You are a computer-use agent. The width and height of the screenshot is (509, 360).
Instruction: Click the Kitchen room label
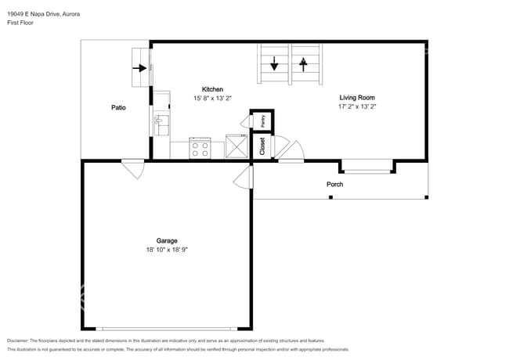[x=212, y=89]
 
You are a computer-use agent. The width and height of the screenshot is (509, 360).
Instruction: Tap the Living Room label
[x=357, y=97]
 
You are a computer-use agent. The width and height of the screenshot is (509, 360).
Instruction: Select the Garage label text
[x=167, y=240]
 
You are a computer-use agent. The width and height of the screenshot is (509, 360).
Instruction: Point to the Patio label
[x=118, y=108]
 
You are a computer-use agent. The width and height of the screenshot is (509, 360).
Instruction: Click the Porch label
[x=334, y=184]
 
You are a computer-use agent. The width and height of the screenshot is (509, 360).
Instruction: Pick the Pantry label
[x=263, y=121]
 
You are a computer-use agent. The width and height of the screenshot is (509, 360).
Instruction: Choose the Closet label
[x=262, y=146]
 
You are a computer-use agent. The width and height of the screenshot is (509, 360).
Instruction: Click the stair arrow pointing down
[x=274, y=63]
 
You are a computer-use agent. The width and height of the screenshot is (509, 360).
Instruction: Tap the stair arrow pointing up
[x=303, y=64]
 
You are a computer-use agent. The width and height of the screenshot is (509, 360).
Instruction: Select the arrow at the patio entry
[x=139, y=68]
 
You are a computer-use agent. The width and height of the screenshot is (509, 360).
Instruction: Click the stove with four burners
[x=200, y=148]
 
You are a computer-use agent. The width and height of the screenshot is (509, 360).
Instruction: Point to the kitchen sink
[x=161, y=125]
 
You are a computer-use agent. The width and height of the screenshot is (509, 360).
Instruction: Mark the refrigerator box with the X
[x=236, y=146]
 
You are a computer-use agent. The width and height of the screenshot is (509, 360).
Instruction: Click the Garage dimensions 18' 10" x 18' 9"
[x=167, y=250]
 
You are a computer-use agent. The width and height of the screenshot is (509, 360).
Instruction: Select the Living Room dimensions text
[x=357, y=106]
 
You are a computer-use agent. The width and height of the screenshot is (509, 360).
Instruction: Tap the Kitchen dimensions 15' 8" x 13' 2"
[x=212, y=99]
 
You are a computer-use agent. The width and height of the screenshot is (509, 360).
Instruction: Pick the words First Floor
[x=20, y=23]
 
